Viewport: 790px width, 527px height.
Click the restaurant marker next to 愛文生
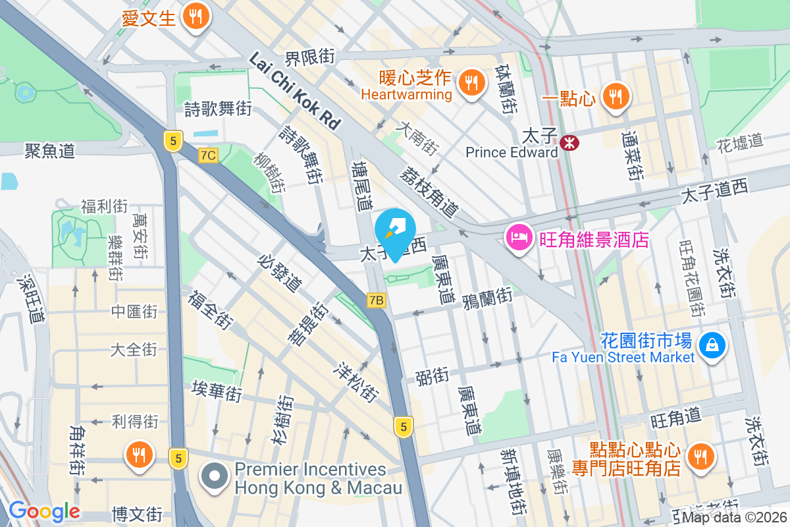point(195,16)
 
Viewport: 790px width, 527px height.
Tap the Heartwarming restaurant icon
point(470,82)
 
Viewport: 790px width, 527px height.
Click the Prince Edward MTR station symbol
point(567,140)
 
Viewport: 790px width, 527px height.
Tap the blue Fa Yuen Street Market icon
point(712,344)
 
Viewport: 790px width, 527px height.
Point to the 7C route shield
point(208,155)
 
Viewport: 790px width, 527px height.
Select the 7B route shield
point(376,300)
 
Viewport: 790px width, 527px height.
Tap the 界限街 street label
point(310,57)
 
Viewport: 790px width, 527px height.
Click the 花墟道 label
point(739,142)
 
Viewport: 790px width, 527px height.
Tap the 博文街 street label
point(137,513)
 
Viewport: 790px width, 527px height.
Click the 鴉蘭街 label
point(487,298)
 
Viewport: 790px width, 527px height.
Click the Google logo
point(44,511)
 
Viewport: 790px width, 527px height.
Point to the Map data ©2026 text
point(735,518)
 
